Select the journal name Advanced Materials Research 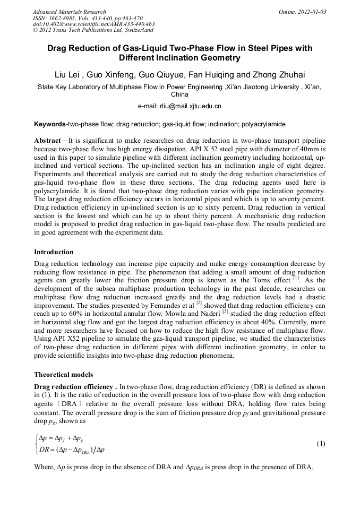tap(69, 12)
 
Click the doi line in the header tap(93, 24)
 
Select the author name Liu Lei tap(70, 74)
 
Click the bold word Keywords tap(49, 124)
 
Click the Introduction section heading tap(54, 252)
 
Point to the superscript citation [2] tap(199, 303)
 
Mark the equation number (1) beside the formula tap(320, 443)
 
